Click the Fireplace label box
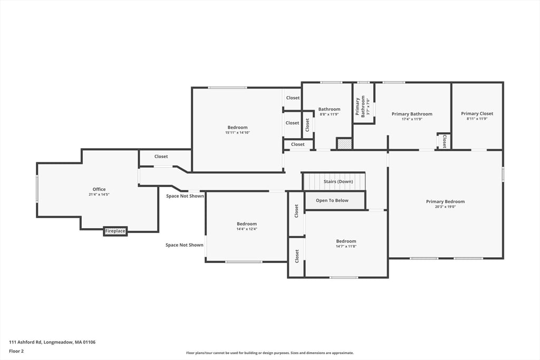[x=115, y=231]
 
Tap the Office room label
[x=99, y=189]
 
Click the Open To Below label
[x=332, y=200]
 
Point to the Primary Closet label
[x=477, y=113]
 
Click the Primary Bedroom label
[x=445, y=201]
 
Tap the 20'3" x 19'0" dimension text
[x=445, y=207]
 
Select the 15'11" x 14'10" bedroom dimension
[x=237, y=133]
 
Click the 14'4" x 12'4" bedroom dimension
[x=246, y=229]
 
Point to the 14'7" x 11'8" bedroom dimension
[x=346, y=246]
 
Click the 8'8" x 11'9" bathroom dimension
[x=329, y=114]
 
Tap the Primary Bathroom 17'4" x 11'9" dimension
[x=411, y=119]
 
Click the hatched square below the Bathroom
[x=344, y=143]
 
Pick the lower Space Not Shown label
[x=184, y=245]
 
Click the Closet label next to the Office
[x=161, y=157]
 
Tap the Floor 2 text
[x=16, y=351]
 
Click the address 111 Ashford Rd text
[x=52, y=342]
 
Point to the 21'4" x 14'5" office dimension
[x=99, y=194]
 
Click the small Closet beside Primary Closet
[x=444, y=141]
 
